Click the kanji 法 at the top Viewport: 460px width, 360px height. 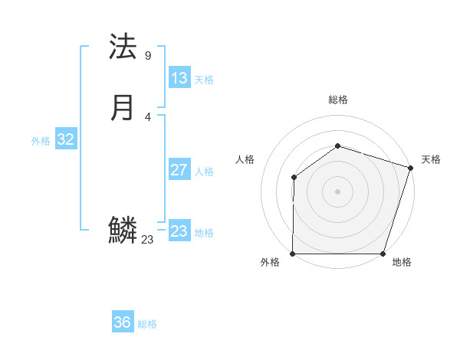(x=123, y=47)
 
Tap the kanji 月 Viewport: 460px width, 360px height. (x=123, y=107)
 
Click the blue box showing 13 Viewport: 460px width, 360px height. (x=179, y=78)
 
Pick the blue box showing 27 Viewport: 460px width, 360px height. (x=179, y=170)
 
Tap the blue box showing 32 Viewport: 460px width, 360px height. (x=65, y=139)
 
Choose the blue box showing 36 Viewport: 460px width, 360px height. (x=122, y=322)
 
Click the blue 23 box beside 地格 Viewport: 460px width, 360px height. (x=179, y=231)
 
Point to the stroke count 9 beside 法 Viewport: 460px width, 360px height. (x=147, y=56)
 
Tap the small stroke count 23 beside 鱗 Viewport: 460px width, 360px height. (x=147, y=240)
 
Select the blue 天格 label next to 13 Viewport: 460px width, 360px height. (x=204, y=80)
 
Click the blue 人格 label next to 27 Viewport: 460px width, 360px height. (x=204, y=172)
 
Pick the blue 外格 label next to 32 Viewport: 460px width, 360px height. (x=41, y=141)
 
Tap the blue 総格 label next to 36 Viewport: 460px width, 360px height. (x=147, y=324)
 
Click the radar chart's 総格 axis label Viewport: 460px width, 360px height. (x=337, y=100)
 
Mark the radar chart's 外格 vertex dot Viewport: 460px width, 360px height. (x=293, y=254)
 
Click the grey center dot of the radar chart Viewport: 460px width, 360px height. (x=337, y=191)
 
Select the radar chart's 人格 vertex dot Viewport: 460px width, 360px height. (x=294, y=178)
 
